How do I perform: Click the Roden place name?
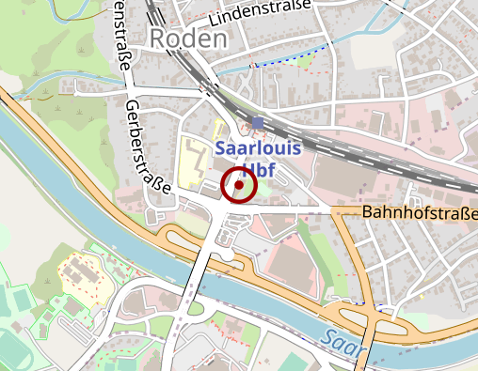coord(188,39)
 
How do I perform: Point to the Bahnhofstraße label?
coord(419,214)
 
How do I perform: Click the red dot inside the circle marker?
coord(239,186)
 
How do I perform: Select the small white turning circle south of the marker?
coord(227,255)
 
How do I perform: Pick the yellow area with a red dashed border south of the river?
coord(81,272)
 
